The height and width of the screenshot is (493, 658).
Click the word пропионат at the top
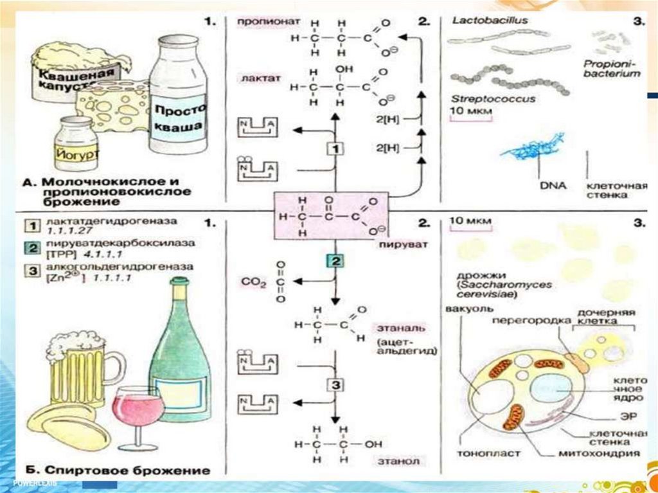pyautogui.click(x=259, y=21)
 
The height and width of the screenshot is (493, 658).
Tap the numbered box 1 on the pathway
pyautogui.click(x=335, y=149)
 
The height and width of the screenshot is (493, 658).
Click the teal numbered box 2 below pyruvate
pyautogui.click(x=335, y=261)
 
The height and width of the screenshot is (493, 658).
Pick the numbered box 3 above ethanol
pyautogui.click(x=335, y=386)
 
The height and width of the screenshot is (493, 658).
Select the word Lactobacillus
pyautogui.click(x=481, y=21)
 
